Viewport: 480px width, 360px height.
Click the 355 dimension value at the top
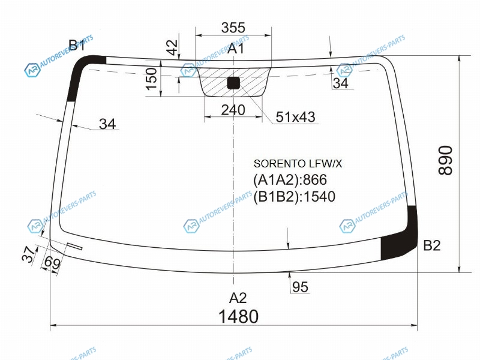[233, 28]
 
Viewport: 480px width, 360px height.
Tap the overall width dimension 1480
[238, 316]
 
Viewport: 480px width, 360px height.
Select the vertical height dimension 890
[445, 160]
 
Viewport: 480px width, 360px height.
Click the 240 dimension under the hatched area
[233, 110]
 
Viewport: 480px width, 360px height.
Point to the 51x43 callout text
[295, 116]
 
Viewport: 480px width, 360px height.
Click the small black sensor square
[233, 83]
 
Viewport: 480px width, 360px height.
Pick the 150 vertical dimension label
[151, 79]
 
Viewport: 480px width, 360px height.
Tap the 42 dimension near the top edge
[172, 47]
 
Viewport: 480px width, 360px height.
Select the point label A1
[236, 49]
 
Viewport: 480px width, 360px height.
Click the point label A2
[238, 298]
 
